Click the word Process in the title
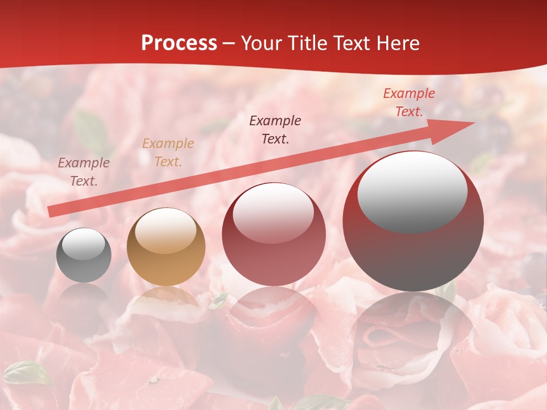(179, 43)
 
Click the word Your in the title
(263, 43)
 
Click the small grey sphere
(84, 255)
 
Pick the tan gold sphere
(166, 247)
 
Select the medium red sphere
(273, 235)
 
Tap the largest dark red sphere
(413, 222)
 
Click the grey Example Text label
(84, 172)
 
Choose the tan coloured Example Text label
(168, 153)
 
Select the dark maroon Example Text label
(275, 129)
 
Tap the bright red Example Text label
(409, 102)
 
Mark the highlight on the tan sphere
(165, 231)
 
